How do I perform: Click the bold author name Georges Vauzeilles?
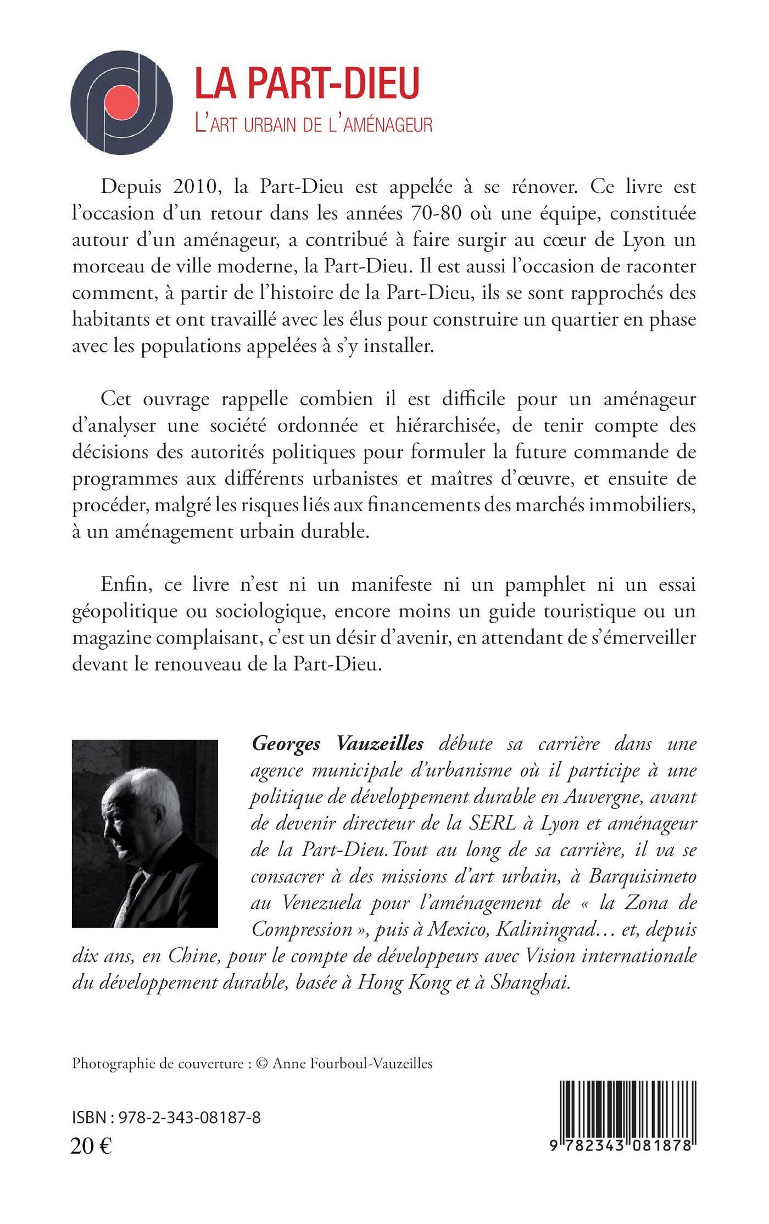tap(337, 744)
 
